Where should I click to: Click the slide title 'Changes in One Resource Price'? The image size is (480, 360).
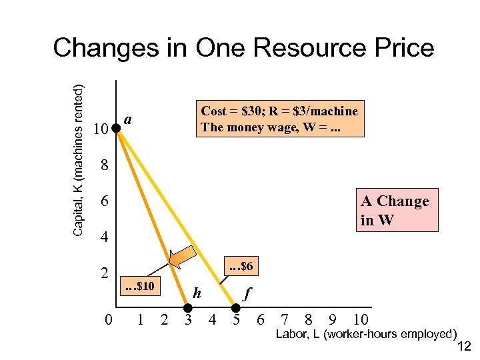point(243,48)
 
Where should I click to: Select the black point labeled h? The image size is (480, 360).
point(188,308)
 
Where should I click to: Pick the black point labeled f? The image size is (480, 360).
point(235,308)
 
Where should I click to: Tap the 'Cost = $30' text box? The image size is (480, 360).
point(279,119)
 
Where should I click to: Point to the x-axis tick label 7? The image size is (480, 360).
point(285,320)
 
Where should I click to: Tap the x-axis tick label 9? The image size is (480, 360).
point(332,320)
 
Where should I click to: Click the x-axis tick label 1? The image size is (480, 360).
point(141,320)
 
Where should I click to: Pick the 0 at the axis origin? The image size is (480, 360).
point(109,321)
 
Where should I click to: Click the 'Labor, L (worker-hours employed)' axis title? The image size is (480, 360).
point(367,333)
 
